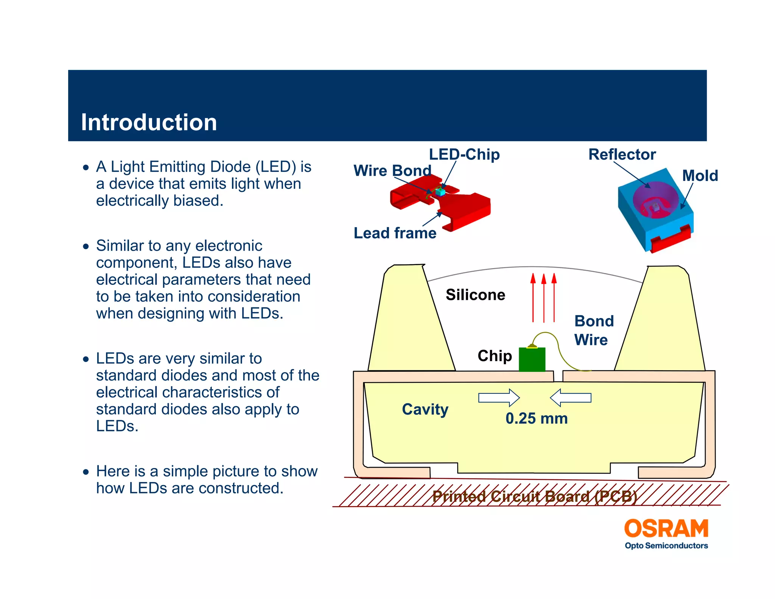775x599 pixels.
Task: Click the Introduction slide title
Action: click(x=149, y=122)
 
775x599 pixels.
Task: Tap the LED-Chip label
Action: click(x=464, y=154)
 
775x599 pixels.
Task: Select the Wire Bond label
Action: click(x=392, y=171)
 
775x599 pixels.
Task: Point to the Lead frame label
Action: click(x=395, y=233)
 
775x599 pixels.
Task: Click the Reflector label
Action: click(x=622, y=154)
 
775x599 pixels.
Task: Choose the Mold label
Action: click(x=700, y=176)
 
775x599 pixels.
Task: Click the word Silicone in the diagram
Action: click(x=475, y=295)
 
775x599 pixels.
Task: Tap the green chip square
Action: click(x=532, y=359)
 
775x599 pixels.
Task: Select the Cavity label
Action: click(x=425, y=409)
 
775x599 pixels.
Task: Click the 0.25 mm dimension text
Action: click(x=536, y=418)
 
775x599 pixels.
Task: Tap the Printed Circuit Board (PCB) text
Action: click(x=535, y=496)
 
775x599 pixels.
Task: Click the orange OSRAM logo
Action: click(x=666, y=529)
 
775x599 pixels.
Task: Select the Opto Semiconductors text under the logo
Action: click(x=666, y=546)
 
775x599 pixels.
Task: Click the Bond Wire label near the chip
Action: click(x=593, y=330)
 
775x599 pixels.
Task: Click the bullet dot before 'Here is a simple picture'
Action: click(x=86, y=472)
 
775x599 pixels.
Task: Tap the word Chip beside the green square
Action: click(x=494, y=356)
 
